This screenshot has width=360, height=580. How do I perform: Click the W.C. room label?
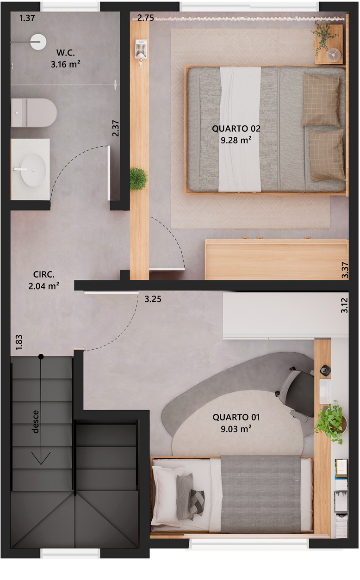click(x=66, y=53)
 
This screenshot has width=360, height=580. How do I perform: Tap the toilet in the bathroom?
click(x=34, y=113)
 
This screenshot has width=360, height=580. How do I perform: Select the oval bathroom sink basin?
click(x=33, y=170)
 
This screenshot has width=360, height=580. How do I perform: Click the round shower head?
click(x=38, y=42)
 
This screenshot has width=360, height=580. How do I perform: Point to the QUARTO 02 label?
click(x=236, y=129)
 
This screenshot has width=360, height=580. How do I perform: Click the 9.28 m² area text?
click(x=236, y=140)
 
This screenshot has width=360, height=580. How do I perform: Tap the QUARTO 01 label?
click(x=236, y=417)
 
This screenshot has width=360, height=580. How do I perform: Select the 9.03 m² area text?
click(x=236, y=429)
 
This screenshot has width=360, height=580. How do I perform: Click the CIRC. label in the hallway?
click(x=44, y=274)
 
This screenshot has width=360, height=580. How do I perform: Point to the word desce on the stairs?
click(x=35, y=422)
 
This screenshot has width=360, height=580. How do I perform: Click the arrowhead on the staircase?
click(x=41, y=458)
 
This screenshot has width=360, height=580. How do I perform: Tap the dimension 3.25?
click(x=153, y=299)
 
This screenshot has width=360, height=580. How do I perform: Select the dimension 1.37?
click(x=27, y=18)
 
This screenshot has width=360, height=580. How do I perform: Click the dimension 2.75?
click(x=146, y=18)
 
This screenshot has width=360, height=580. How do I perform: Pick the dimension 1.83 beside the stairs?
click(x=19, y=342)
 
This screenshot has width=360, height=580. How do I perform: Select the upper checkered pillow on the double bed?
click(x=321, y=100)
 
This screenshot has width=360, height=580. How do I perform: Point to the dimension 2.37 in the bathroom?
click(x=116, y=128)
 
